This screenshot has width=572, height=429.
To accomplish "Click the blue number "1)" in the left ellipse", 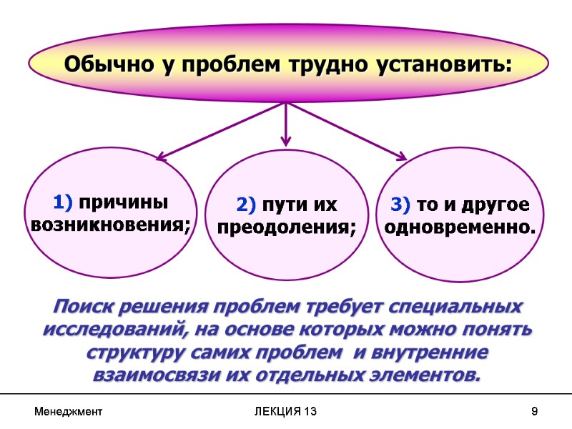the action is tap(62, 203).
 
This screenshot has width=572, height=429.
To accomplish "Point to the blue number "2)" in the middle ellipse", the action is tap(246, 206).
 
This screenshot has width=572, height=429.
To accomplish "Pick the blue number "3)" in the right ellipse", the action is tap(400, 206).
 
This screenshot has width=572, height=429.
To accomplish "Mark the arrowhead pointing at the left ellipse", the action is tap(162, 155).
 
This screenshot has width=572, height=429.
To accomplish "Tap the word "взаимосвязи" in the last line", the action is tap(157, 375).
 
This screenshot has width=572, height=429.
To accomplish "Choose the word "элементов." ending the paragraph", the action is tap(427, 375).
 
